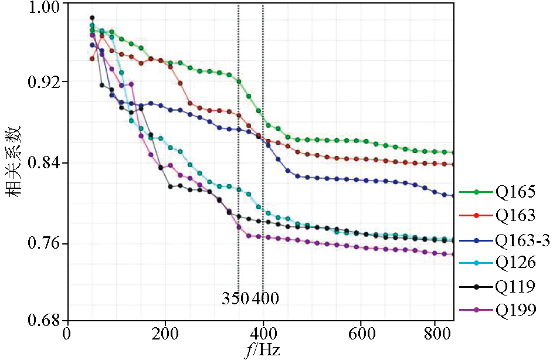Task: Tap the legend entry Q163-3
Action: click(x=522, y=240)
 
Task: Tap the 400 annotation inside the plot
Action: click(x=265, y=298)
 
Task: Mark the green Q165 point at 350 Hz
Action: click(x=239, y=81)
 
